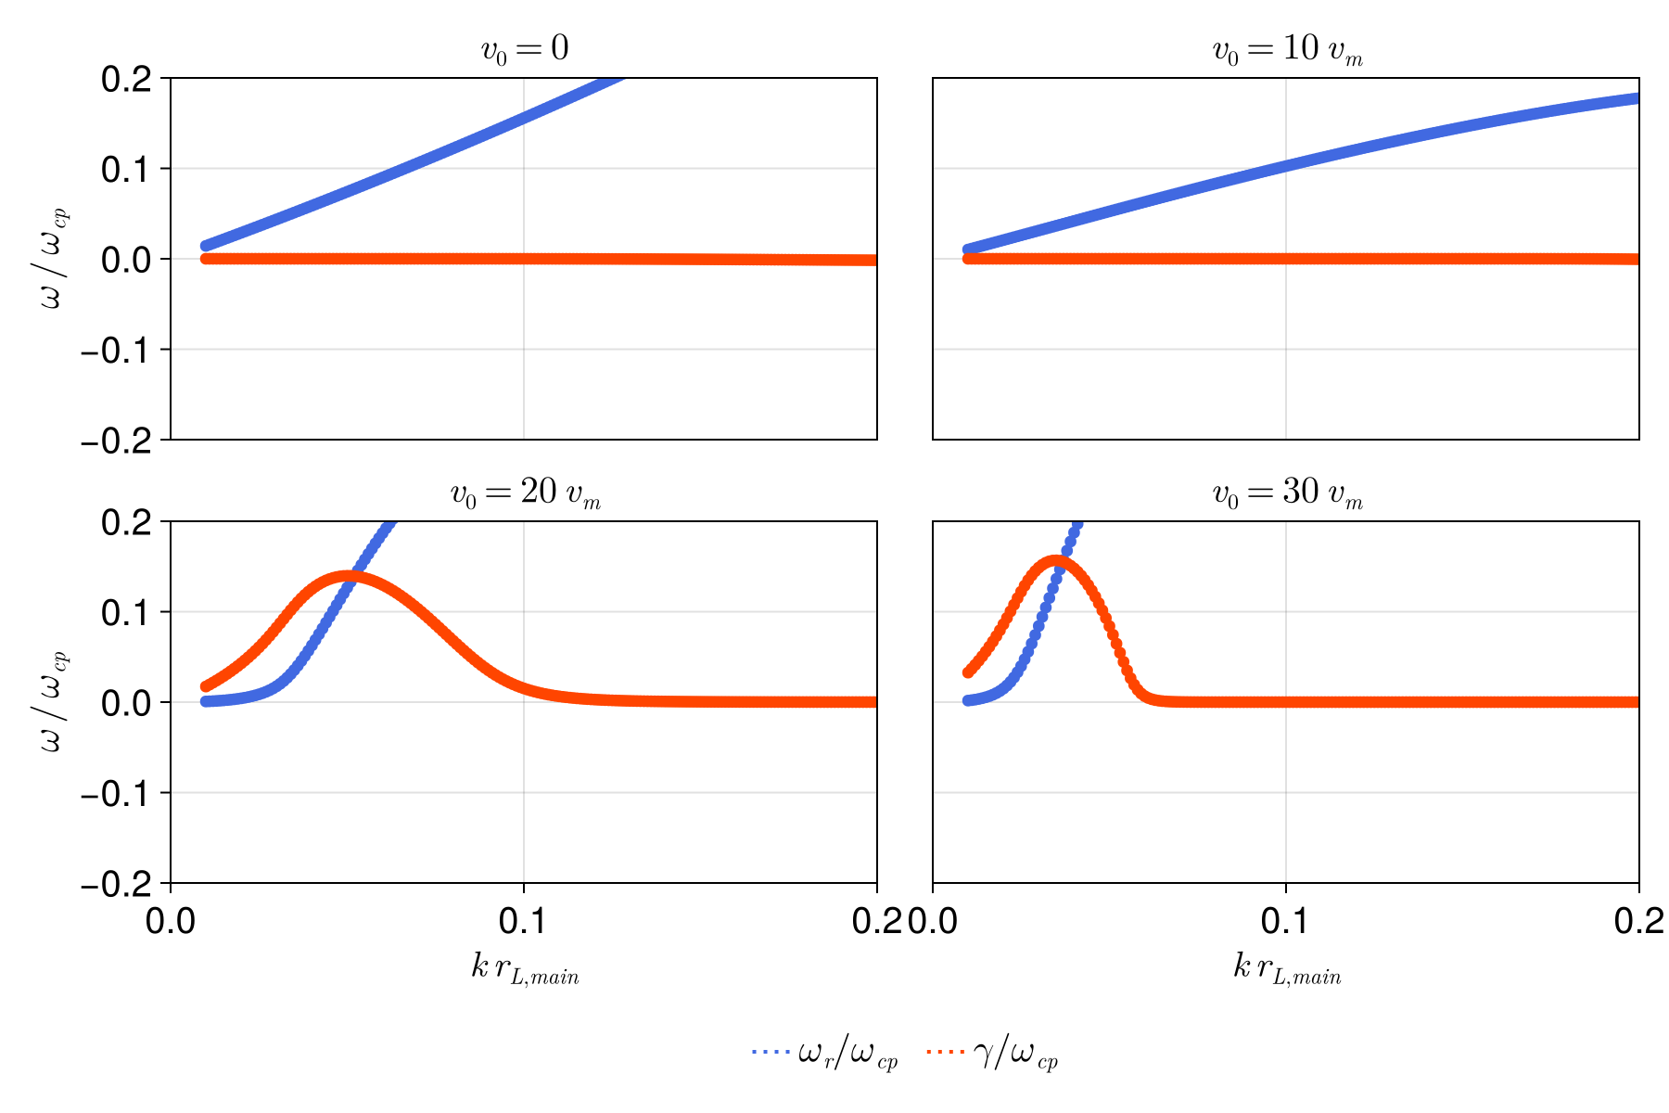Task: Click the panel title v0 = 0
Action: (524, 49)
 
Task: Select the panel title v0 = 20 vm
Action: (525, 493)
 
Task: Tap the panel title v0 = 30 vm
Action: (1287, 493)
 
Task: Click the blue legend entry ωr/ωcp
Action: (825, 1055)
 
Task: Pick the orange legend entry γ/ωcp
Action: (993, 1055)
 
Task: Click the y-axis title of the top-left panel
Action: (54, 259)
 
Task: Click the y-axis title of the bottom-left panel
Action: (54, 702)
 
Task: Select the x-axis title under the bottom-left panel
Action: (525, 969)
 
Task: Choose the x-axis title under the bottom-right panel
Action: (1287, 969)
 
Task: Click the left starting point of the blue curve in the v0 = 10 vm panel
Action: (968, 249)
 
